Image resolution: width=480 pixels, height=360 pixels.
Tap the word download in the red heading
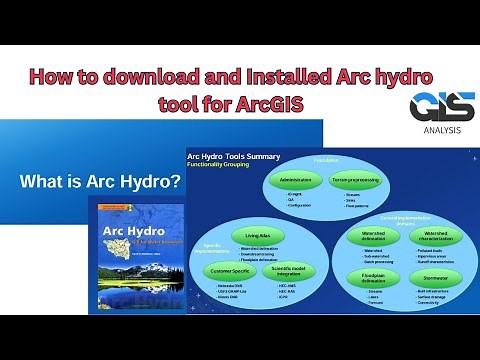[131, 75]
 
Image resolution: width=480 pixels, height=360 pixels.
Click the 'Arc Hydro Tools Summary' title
[233, 156]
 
